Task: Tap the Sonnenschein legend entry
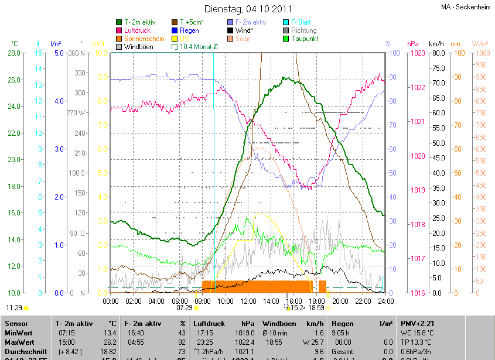click(144, 39)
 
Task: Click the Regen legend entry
click(189, 30)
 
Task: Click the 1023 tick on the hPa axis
click(417, 53)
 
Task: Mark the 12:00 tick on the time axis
click(248, 301)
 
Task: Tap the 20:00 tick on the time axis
click(340, 301)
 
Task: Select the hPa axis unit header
click(413, 44)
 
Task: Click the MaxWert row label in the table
click(19, 342)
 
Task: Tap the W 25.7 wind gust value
click(312, 342)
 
